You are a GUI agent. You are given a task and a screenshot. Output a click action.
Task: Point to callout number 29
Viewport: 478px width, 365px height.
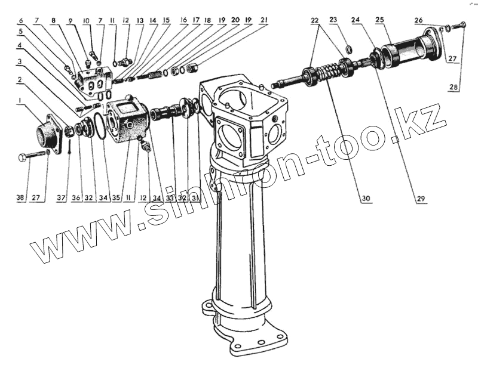pos(421,197)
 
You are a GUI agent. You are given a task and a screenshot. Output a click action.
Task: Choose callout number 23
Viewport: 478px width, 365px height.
pos(333,20)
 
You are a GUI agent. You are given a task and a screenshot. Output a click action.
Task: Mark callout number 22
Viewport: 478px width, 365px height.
pos(314,20)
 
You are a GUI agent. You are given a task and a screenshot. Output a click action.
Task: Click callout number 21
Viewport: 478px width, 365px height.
pos(263,20)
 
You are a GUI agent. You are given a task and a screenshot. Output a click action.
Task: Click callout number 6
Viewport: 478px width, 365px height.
pos(23,20)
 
